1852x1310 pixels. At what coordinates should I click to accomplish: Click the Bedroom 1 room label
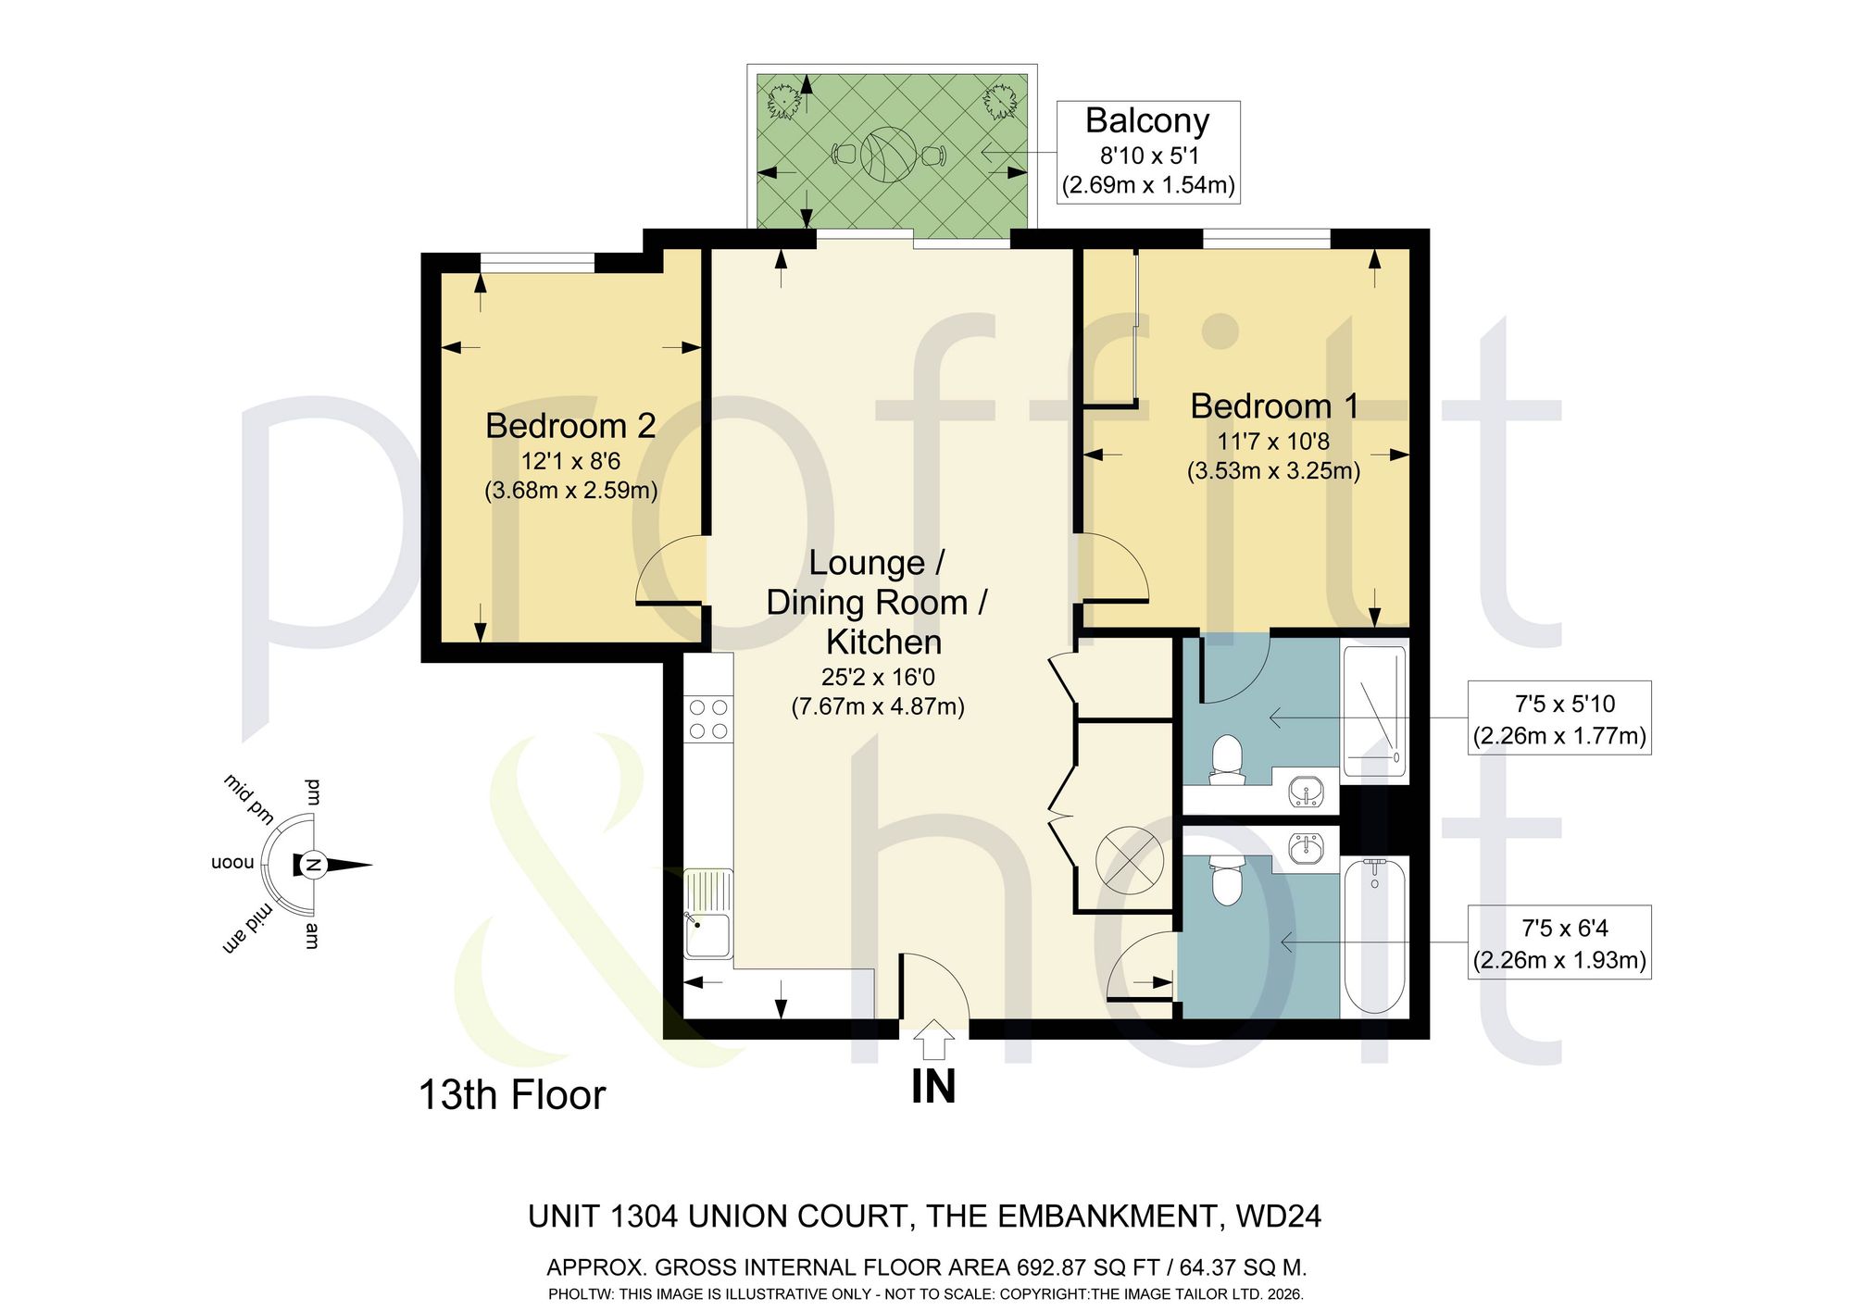point(1274,405)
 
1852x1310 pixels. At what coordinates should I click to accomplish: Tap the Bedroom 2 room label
point(570,426)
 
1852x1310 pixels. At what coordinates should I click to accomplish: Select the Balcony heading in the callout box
point(1147,121)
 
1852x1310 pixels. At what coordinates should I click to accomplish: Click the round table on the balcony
point(888,155)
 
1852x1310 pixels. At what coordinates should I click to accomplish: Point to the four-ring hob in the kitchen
point(708,719)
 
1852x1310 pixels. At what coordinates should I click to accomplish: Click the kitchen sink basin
point(708,935)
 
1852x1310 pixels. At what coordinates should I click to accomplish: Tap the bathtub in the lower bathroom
point(1375,936)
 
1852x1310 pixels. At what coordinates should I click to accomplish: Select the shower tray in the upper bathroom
point(1375,711)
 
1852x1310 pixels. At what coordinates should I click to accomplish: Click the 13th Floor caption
point(512,1095)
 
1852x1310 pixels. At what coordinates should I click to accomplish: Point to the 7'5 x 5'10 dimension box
point(1559,719)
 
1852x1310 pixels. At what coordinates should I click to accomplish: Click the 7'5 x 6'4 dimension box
point(1559,942)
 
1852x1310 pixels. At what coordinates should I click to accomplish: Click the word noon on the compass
point(232,863)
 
